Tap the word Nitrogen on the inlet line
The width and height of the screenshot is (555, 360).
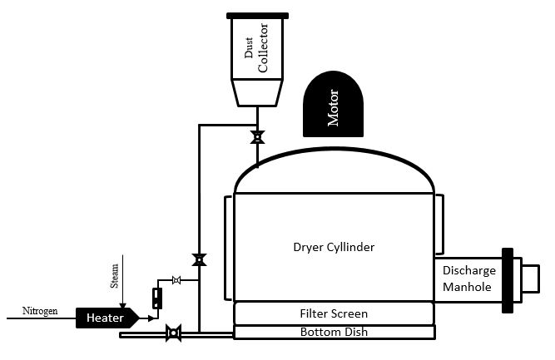39,312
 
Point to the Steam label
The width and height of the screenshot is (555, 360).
115,275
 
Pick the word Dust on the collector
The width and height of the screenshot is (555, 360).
248,52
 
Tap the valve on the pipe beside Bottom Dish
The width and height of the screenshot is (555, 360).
174,334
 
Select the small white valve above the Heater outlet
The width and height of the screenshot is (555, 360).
176,281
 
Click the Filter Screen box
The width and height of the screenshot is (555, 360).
334,313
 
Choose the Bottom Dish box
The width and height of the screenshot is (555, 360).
334,333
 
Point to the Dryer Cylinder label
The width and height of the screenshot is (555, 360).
334,247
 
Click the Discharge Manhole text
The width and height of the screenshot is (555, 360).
468,279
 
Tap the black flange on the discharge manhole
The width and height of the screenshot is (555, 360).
506,280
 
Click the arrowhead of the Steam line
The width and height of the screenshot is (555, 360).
122,305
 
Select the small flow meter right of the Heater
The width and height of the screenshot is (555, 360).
156,298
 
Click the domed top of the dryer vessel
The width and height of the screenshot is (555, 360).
334,170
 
